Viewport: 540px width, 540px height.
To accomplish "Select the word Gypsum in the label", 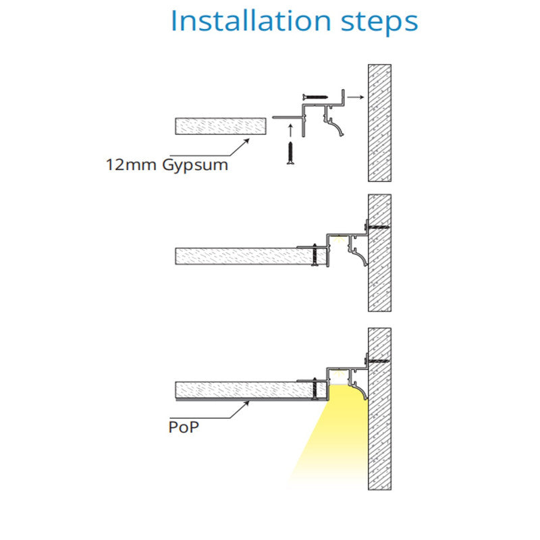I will tap(195, 165).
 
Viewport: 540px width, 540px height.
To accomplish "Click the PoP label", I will tap(184, 427).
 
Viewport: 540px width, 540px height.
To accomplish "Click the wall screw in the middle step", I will tap(378, 226).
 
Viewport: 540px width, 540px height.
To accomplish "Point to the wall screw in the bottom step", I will tap(378, 360).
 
